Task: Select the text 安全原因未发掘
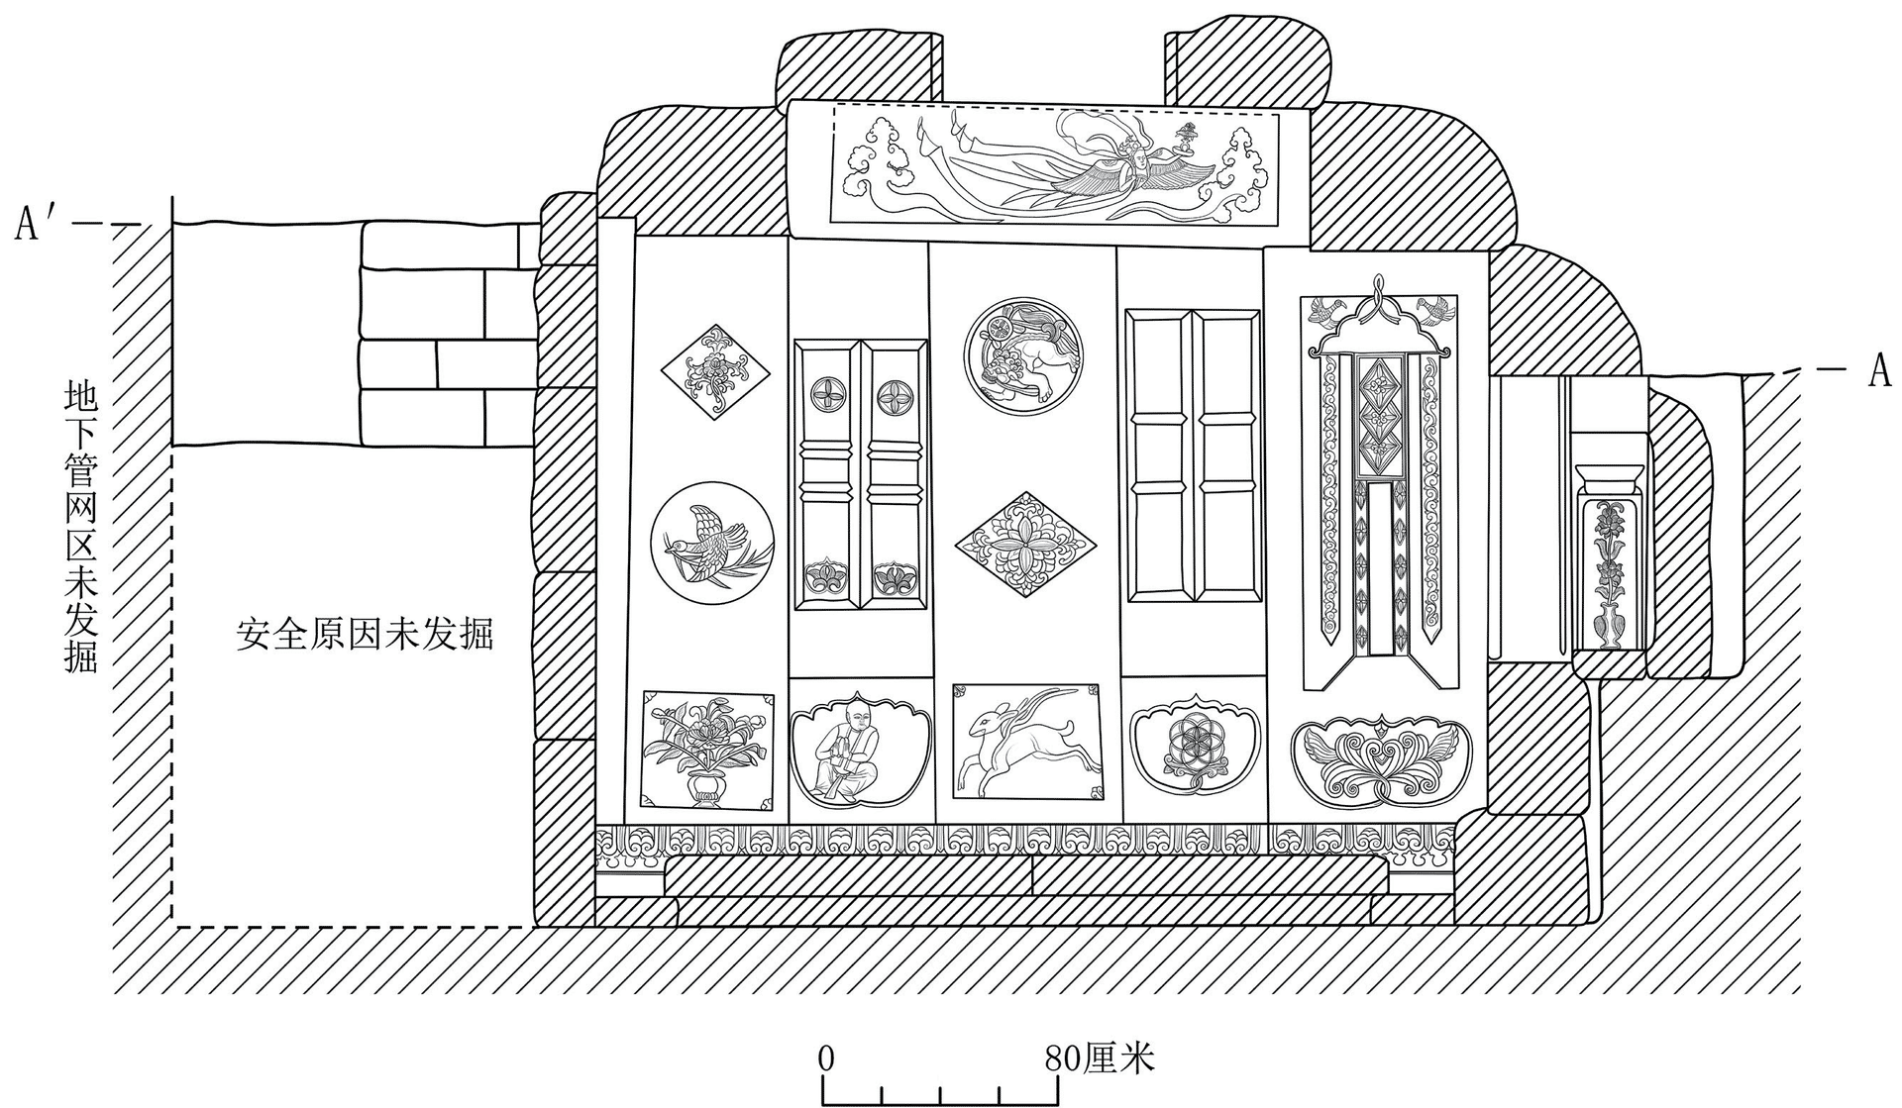point(365,633)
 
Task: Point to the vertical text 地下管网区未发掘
point(81,526)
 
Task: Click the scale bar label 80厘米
point(1100,1059)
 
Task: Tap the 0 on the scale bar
point(826,1059)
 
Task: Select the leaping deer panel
point(1027,741)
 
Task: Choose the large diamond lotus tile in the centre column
point(1025,544)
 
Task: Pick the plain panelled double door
point(1194,454)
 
